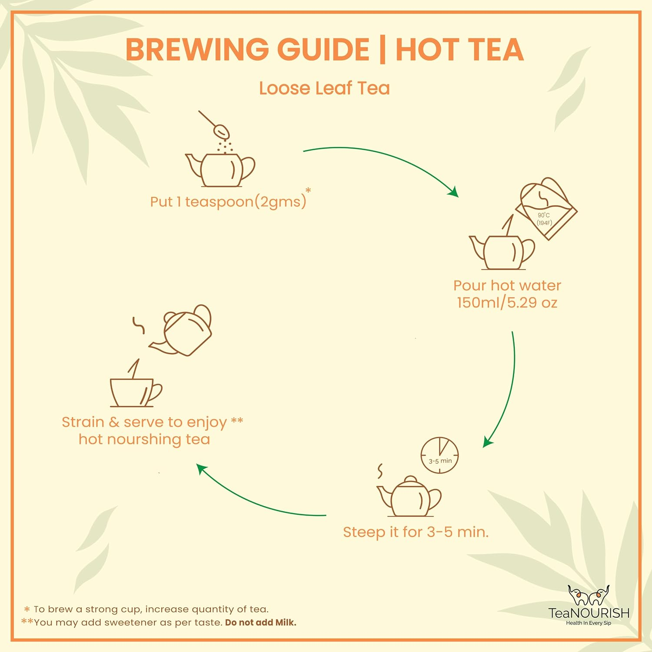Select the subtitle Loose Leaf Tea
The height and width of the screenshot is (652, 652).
324,88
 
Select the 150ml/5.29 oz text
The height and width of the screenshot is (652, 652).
507,303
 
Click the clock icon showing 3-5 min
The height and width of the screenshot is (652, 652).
440,455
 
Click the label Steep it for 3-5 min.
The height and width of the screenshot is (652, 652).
416,532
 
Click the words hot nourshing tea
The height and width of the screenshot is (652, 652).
144,439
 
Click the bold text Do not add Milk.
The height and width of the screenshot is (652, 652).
260,622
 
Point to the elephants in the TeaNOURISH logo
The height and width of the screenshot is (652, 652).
589,595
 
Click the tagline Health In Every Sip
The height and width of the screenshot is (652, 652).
588,623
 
